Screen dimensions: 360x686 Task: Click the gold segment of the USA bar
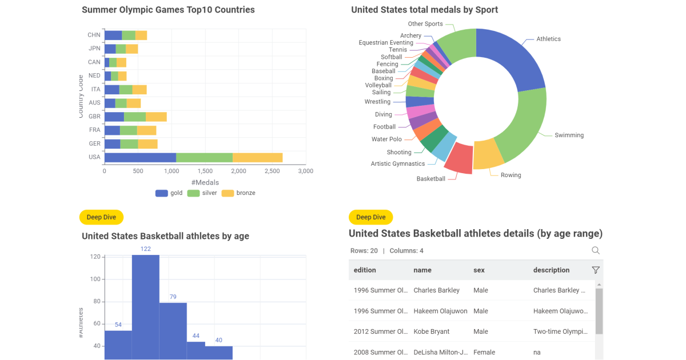(x=140, y=157)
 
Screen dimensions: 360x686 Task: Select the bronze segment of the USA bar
(x=257, y=157)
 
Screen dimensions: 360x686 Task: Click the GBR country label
(x=94, y=117)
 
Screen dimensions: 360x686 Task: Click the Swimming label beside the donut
(x=569, y=135)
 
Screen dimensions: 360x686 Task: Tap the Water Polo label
(x=386, y=139)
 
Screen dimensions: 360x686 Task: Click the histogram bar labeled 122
(x=145, y=306)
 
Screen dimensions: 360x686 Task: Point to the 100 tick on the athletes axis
(x=95, y=279)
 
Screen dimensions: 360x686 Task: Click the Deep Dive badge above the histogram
(x=101, y=217)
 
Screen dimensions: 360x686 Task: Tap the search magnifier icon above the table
(x=596, y=250)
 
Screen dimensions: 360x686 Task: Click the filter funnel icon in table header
(x=596, y=270)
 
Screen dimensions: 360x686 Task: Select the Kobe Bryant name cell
(x=432, y=331)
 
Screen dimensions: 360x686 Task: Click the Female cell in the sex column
(x=484, y=353)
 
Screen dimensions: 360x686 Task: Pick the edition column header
(x=365, y=270)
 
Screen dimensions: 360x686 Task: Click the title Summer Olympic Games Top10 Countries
(x=168, y=10)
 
